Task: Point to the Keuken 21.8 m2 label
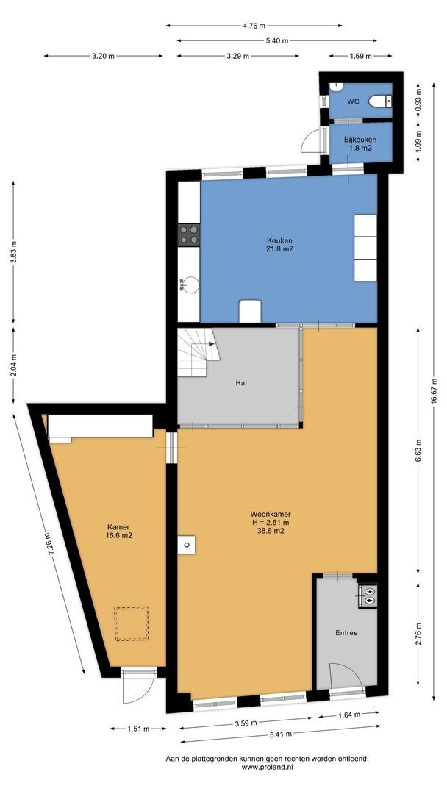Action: tap(280, 245)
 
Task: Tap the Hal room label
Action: tap(241, 383)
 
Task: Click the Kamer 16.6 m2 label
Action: tap(119, 531)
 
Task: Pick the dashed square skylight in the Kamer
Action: tap(130, 623)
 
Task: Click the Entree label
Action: tap(346, 632)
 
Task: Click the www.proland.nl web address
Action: tap(267, 768)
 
